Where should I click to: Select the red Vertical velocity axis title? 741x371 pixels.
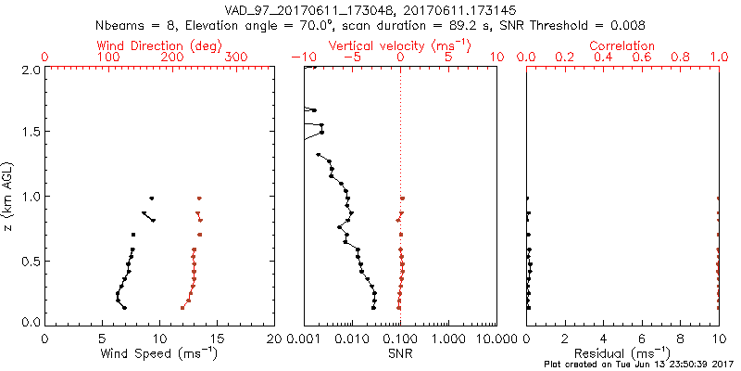(400, 45)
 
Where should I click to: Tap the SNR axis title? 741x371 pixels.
(400, 353)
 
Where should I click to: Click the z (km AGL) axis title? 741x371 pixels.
(8, 196)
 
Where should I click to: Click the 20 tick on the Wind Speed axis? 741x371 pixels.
(274, 339)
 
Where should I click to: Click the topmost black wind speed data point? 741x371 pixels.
(152, 198)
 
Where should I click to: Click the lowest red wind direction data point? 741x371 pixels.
(182, 307)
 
